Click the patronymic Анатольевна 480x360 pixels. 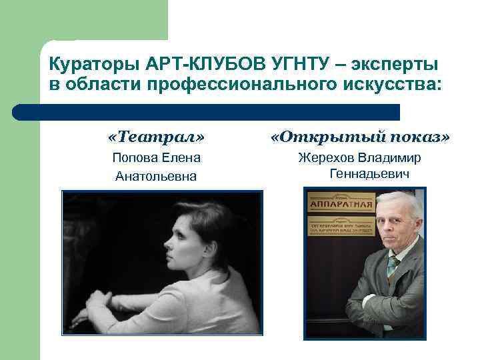pos(156,176)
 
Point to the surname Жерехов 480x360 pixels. pos(326,158)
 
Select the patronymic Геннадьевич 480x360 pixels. pos(369,174)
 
